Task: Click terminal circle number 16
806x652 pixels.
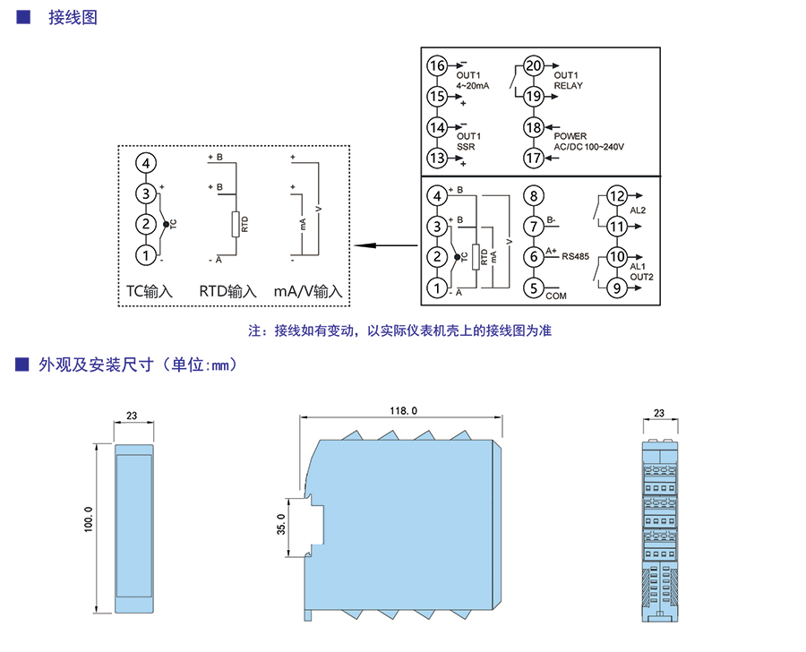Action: coord(436,66)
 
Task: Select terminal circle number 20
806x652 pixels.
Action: coord(534,66)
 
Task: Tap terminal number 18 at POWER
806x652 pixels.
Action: coord(534,127)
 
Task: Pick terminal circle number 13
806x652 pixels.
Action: coord(436,159)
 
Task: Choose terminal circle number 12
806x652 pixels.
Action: coord(616,196)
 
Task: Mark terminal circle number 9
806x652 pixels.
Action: coord(616,287)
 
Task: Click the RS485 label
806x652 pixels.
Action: coord(575,257)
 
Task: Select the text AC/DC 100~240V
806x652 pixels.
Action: coord(589,147)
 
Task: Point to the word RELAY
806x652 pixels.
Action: coord(569,86)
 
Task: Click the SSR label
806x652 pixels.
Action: coord(465,146)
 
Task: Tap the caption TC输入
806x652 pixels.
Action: coord(149,291)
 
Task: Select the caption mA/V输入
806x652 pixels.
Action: coord(309,291)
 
